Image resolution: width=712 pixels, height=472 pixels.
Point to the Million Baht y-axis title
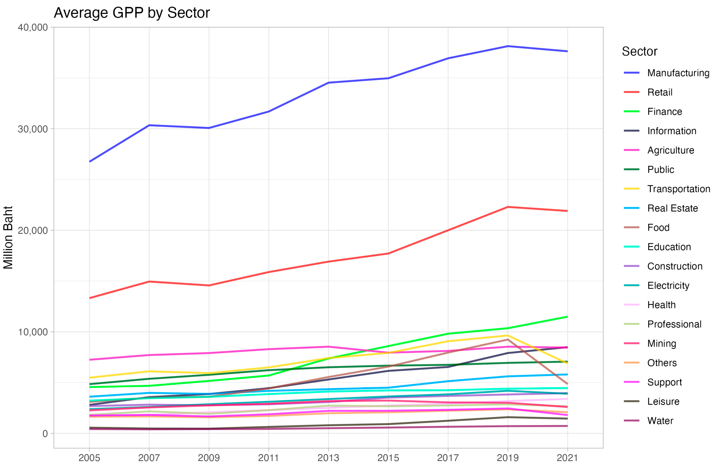coord(8,238)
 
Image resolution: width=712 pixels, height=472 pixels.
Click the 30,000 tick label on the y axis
coord(33,129)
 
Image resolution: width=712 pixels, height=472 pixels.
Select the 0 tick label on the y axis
coord(45,434)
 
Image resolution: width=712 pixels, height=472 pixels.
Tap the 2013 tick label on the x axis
coord(328,458)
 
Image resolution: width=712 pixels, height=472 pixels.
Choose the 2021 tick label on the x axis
coord(567,458)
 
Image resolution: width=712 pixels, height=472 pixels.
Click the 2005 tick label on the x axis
coord(89,458)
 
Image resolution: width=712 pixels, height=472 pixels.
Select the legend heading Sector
coord(639,52)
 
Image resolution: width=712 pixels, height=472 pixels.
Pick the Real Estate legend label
coord(672,208)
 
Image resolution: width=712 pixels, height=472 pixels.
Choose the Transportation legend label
coord(678,189)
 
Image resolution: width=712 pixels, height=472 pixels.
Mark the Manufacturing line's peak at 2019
coord(508,46)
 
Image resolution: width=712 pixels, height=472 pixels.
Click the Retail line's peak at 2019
coord(508,207)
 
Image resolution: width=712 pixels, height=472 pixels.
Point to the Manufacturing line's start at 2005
coord(90,162)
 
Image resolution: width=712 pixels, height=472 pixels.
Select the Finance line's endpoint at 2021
coord(567,317)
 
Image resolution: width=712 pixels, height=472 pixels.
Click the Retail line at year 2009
coord(209,285)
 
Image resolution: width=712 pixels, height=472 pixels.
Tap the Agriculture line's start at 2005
coord(90,360)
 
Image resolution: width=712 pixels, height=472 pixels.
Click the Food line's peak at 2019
coord(508,340)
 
